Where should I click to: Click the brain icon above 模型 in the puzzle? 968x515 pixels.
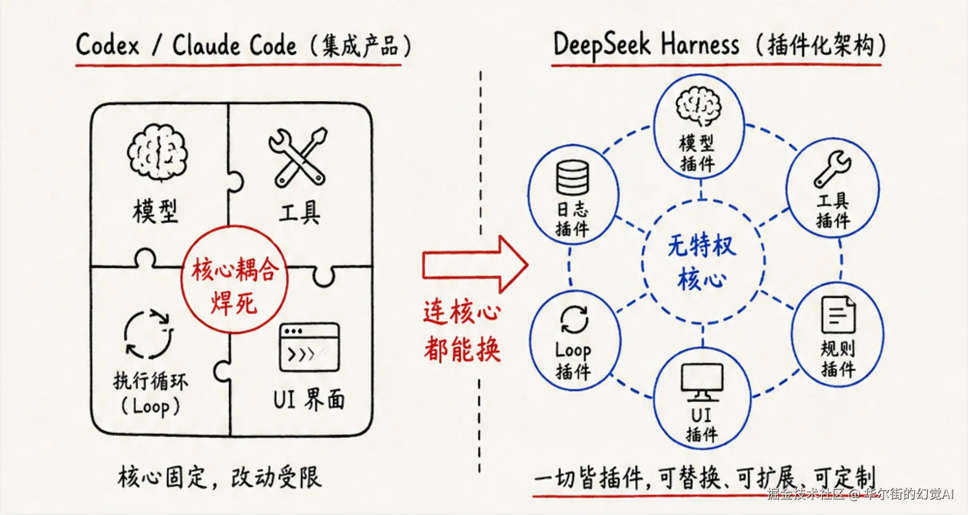[x=157, y=152]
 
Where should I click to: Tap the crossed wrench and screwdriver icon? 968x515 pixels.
[x=298, y=157]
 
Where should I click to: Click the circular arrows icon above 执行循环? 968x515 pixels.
[x=148, y=334]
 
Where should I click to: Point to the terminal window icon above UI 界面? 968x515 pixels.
[x=309, y=347]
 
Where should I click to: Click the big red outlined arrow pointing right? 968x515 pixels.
[x=475, y=265]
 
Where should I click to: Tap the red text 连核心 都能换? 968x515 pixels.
[x=462, y=331]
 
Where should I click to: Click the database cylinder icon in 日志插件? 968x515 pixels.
[x=572, y=178]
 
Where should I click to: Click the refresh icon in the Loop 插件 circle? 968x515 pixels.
[x=574, y=319]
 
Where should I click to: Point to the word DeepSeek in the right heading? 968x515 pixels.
[x=602, y=45]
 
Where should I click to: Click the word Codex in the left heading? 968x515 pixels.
[x=108, y=45]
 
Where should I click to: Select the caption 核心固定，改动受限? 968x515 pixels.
[x=219, y=477]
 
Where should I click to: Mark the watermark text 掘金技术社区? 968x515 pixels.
[x=805, y=494]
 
